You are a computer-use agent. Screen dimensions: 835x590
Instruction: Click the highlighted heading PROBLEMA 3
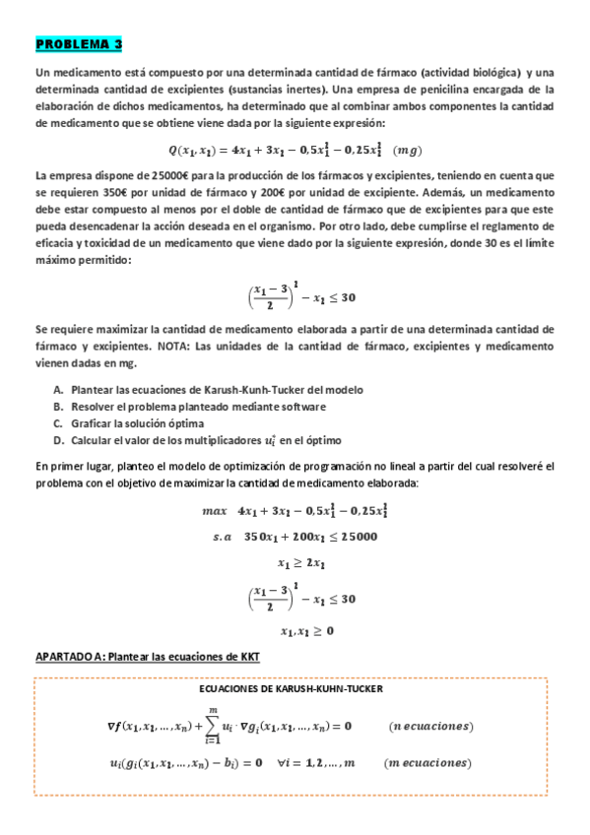[79, 44]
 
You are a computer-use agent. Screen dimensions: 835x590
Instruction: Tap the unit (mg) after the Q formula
[406, 150]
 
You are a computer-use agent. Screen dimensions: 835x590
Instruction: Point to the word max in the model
[214, 512]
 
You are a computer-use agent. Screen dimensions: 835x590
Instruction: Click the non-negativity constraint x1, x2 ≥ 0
[306, 630]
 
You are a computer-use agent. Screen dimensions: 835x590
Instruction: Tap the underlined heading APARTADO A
[148, 656]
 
